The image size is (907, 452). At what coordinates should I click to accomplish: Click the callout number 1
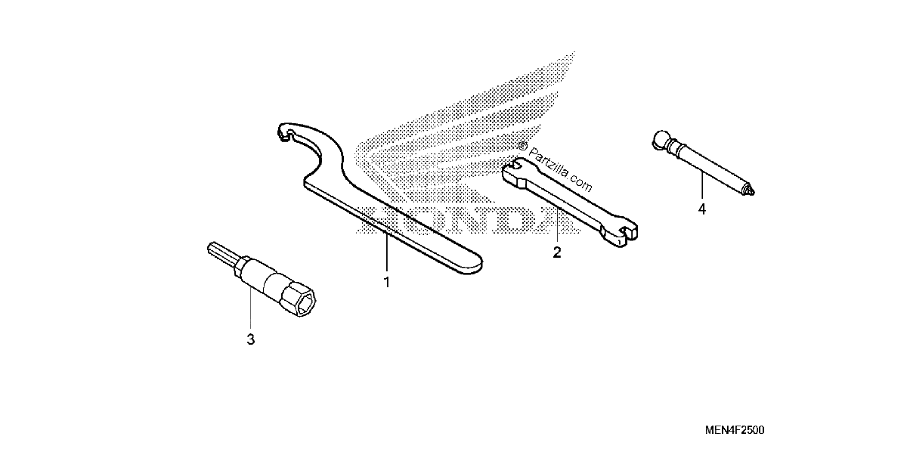coord(387,282)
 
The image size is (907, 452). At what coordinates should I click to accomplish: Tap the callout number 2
coord(557,252)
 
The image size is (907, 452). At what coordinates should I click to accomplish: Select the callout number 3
coord(251,339)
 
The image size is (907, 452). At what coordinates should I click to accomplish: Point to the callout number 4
coord(702,209)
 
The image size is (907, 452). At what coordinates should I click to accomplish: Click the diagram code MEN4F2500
coord(735,430)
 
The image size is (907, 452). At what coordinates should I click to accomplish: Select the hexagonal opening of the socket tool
coord(304,304)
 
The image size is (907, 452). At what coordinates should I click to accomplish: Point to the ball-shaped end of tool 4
coord(661,139)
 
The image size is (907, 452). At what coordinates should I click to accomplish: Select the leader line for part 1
coord(387,252)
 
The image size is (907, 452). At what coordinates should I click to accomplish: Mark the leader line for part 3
coord(251,308)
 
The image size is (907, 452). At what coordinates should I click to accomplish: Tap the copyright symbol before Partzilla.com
coord(523,146)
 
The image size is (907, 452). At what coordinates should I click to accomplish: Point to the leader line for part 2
coord(557,224)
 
